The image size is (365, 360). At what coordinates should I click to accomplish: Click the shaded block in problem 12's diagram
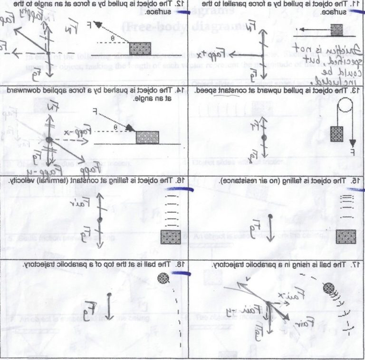point(140,48)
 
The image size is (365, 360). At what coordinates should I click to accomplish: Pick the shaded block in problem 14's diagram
point(147,137)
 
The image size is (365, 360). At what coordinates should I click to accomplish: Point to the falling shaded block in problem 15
point(346,236)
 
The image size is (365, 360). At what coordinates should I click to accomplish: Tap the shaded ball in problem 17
point(329,288)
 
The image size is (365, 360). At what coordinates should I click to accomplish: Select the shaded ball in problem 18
point(163,277)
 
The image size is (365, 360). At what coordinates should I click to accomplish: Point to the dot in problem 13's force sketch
point(263,137)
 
